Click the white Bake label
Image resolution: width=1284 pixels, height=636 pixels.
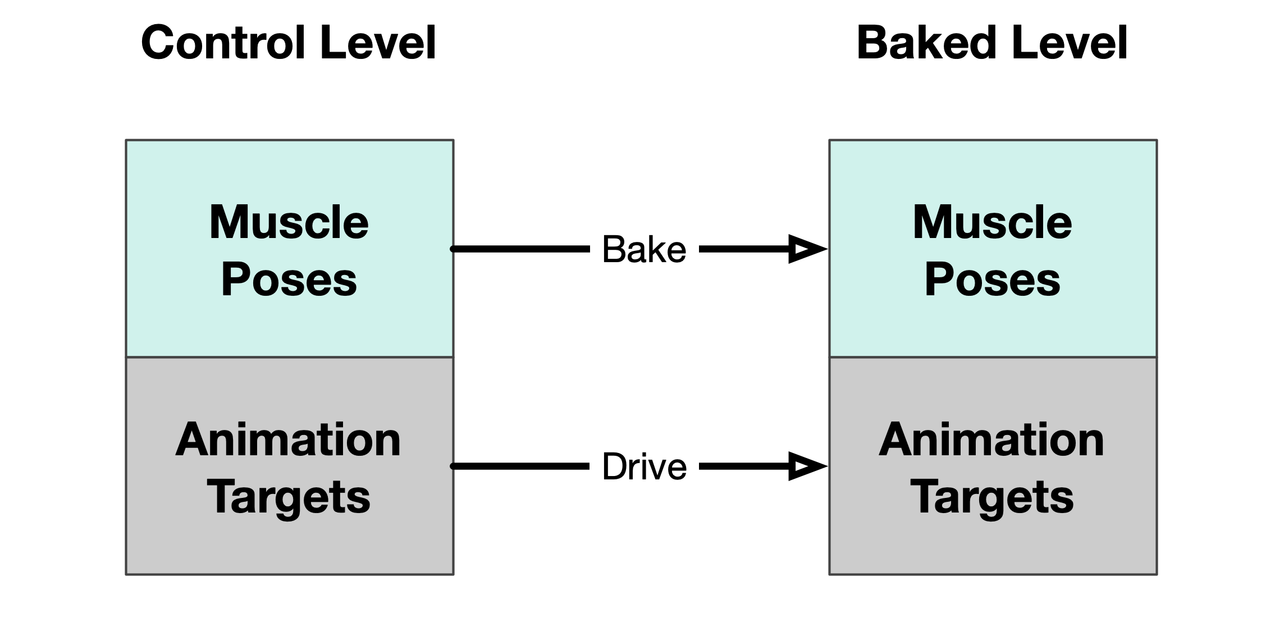(644, 249)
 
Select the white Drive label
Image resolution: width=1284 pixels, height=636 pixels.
(644, 466)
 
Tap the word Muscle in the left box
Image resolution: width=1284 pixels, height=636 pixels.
(289, 223)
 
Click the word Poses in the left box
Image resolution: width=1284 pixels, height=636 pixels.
(289, 280)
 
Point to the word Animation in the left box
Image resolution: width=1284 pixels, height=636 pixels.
(289, 440)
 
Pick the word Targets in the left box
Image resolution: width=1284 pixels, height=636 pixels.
(289, 497)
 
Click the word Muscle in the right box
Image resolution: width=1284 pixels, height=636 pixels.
(992, 223)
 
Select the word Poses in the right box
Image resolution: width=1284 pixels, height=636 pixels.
(992, 280)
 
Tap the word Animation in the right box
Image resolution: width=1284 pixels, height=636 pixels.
(991, 440)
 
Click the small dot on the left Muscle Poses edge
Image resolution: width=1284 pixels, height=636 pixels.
(453, 249)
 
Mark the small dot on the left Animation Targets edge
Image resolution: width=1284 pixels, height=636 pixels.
(453, 466)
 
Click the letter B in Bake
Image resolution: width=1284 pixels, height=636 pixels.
(613, 249)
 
